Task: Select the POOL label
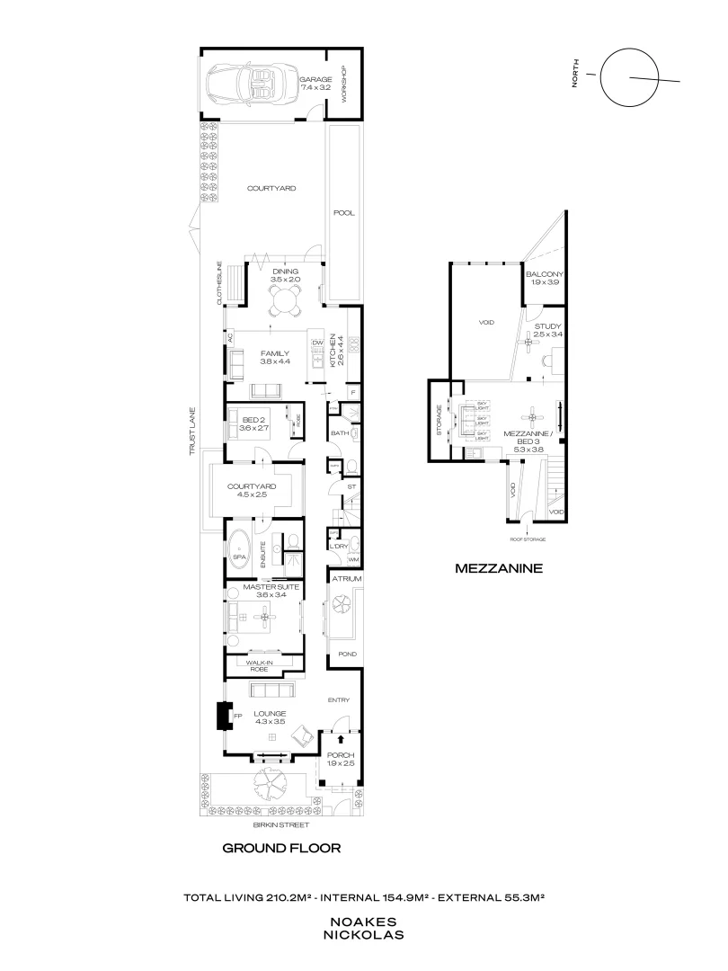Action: [x=343, y=214]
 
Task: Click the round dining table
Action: [x=286, y=304]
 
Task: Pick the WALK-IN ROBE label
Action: [x=260, y=666]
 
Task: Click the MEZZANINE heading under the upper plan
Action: [x=497, y=568]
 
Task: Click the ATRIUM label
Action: [x=346, y=579]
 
